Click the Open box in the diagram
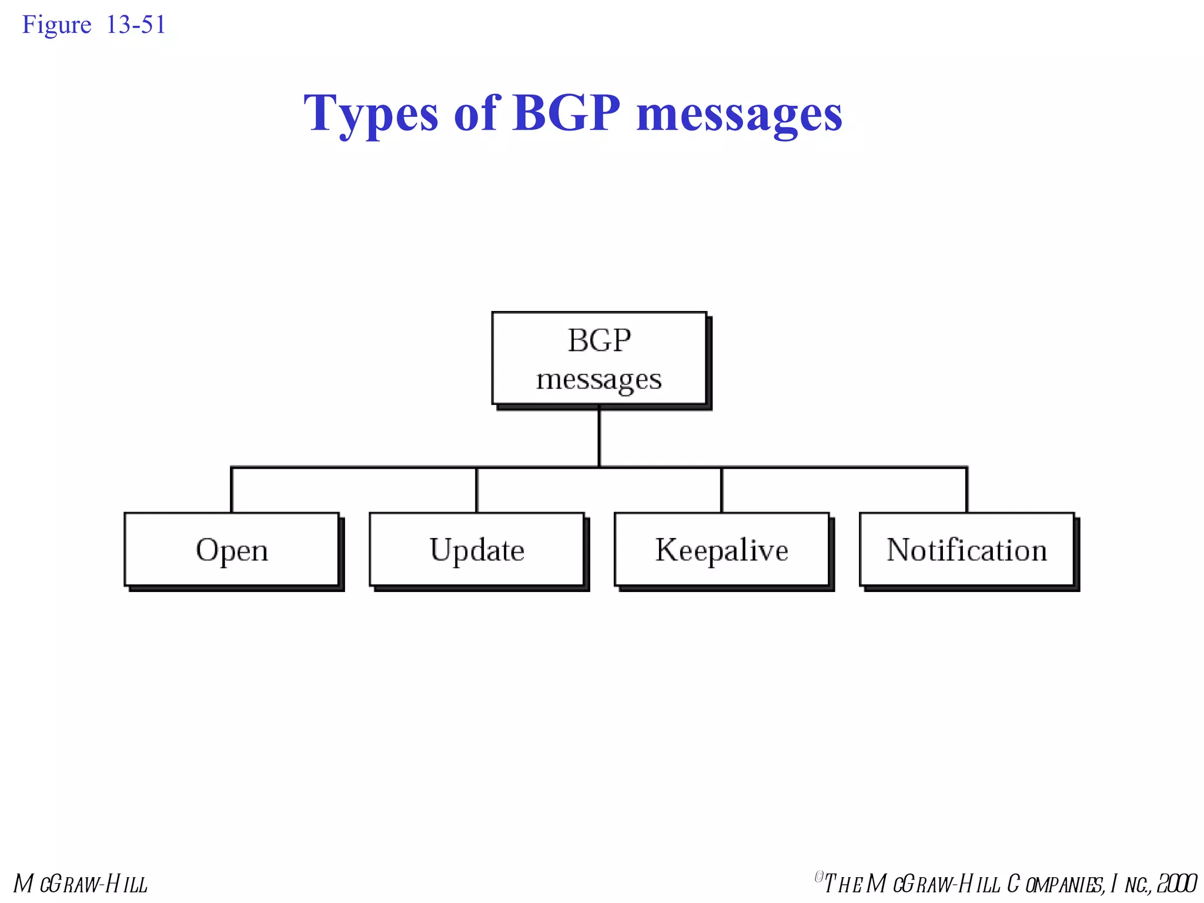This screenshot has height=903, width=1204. [232, 550]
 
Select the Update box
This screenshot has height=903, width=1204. [477, 550]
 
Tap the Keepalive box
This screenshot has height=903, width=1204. [722, 550]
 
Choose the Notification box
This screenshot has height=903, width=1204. [966, 550]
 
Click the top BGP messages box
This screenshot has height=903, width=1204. [599, 358]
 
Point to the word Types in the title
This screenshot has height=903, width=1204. [371, 113]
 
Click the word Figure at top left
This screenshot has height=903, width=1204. [56, 25]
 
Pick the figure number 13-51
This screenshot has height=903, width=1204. [136, 25]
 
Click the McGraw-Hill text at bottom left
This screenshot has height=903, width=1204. [81, 884]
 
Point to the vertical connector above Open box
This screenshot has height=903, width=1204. [232, 490]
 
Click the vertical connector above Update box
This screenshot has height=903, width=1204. [477, 490]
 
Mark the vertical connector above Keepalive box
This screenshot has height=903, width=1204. [722, 490]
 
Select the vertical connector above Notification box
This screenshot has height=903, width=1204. [966, 490]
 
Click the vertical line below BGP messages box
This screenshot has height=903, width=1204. [599, 436]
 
